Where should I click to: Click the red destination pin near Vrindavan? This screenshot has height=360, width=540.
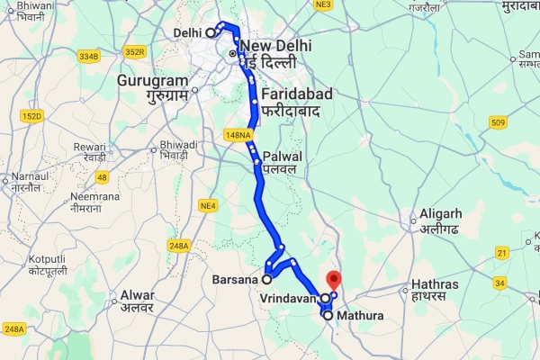333,280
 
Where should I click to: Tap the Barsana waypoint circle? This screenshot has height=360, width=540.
267,280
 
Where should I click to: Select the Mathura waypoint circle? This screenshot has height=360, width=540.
327,316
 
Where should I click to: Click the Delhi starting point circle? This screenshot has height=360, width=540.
211,32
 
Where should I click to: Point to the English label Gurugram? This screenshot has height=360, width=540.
149,80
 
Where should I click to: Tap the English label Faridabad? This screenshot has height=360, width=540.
292,93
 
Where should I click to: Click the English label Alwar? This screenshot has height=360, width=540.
137,294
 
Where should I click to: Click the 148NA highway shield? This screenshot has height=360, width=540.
238,134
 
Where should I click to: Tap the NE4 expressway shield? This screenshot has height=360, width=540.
209,207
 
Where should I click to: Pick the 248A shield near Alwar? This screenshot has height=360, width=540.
178,245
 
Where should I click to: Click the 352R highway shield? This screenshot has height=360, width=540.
135,51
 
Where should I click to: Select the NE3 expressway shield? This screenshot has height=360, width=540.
324,5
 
